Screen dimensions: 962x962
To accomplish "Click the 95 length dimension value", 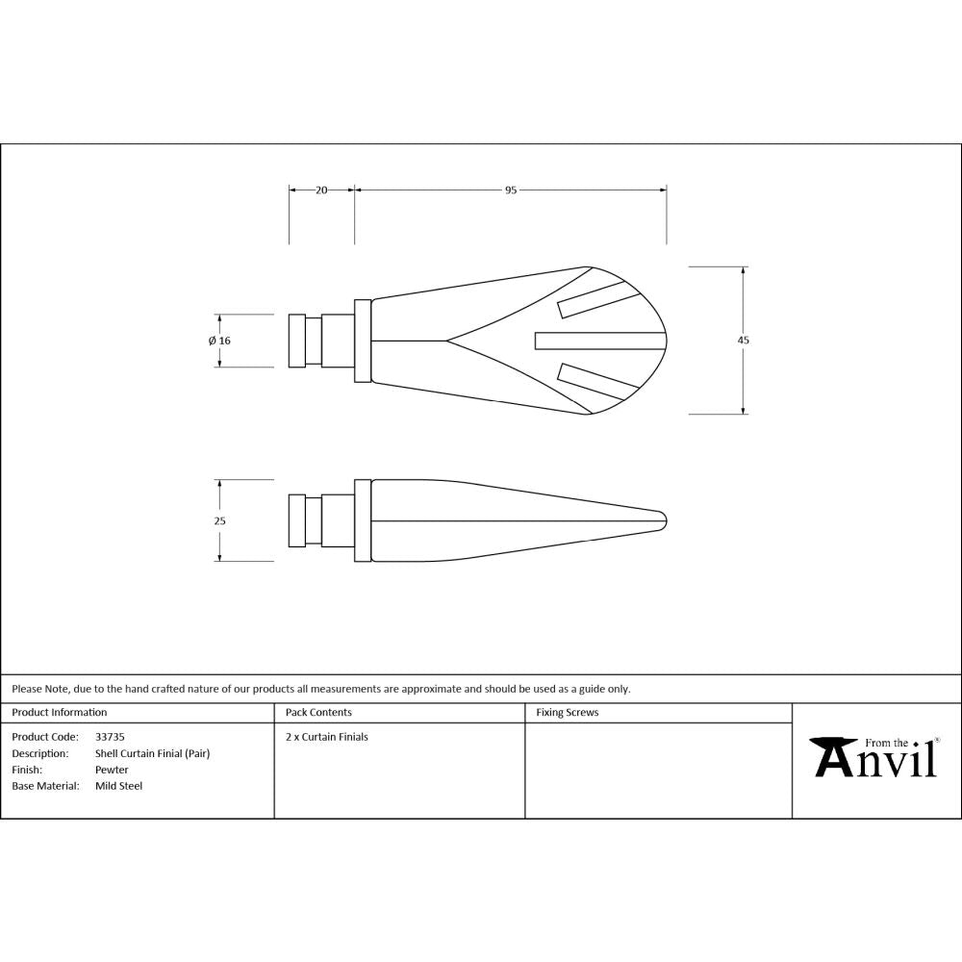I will click(511, 190).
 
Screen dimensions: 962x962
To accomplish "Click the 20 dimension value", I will click(321, 190).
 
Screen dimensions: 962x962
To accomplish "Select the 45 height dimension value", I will click(744, 341).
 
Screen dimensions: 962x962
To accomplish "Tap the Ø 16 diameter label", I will click(219, 341).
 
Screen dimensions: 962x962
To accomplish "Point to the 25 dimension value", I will click(219, 520).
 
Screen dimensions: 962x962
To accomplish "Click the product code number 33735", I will click(110, 737).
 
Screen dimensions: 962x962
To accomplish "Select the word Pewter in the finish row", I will click(112, 770).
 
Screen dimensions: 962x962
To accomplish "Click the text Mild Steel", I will click(118, 786).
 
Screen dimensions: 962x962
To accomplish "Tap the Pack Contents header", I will click(318, 713).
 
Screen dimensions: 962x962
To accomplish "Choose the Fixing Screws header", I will click(567, 713).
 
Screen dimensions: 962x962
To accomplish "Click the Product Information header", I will click(60, 713).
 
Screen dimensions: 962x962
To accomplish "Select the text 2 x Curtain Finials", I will click(327, 737).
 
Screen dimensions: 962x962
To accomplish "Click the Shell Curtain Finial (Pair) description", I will click(152, 753).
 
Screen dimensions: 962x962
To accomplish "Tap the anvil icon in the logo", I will click(833, 753).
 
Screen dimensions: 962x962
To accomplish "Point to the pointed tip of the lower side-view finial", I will click(665, 520).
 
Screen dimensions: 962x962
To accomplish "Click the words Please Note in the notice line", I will click(38, 689).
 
